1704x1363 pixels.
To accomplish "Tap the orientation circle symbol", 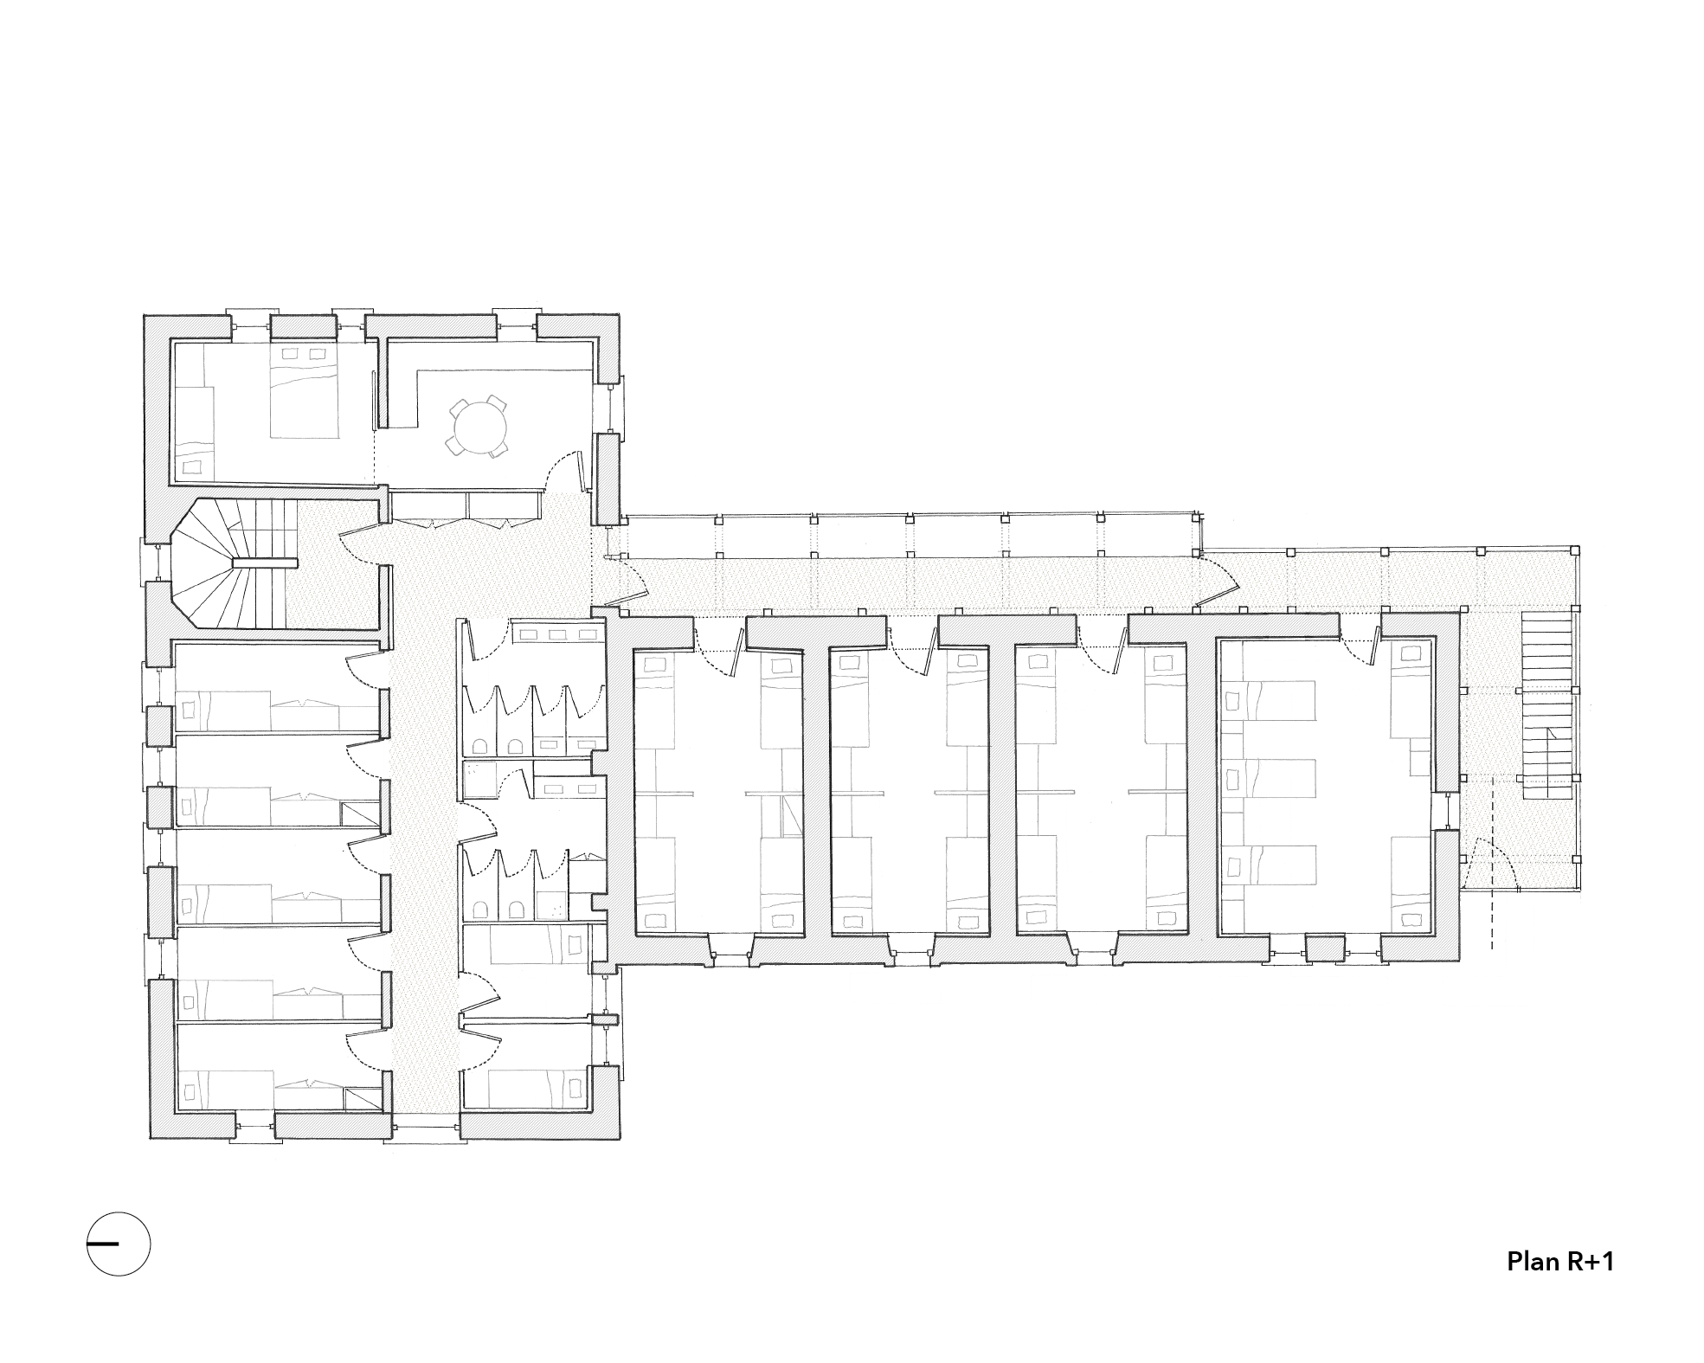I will (119, 1244).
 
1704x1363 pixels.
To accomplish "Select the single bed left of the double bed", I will (196, 433).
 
